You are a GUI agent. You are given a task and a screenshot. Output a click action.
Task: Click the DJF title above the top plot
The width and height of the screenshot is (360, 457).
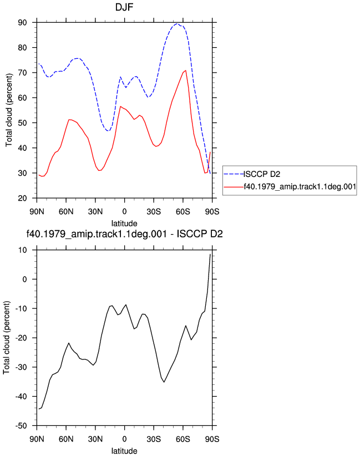(124, 7)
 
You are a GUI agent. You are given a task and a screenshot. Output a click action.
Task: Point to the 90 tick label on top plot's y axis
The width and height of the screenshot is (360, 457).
(22, 22)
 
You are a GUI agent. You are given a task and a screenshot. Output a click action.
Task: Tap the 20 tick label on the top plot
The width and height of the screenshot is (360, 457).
(22, 198)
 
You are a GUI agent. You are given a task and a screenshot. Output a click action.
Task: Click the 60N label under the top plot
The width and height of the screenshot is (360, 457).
(66, 212)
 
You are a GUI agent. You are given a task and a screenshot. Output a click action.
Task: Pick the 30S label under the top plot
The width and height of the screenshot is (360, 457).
(154, 212)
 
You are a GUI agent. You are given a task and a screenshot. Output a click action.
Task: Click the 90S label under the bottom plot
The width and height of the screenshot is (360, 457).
(212, 439)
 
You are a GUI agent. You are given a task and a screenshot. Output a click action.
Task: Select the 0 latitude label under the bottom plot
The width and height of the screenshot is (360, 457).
(124, 439)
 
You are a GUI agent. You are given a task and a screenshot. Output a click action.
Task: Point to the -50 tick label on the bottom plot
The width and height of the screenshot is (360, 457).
(21, 426)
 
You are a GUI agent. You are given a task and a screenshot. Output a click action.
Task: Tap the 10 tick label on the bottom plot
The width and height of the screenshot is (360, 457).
(22, 250)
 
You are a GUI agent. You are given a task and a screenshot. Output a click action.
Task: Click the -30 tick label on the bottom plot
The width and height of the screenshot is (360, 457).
(21, 367)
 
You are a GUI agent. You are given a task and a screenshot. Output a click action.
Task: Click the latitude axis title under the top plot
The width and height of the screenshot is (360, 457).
(124, 224)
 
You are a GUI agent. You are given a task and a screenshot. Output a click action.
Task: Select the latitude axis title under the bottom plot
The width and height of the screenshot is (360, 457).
(124, 451)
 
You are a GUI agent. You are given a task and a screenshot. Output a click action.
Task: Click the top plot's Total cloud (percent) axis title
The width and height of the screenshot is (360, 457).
(9, 110)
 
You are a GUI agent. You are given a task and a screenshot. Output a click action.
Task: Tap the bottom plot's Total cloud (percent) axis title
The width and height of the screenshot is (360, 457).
(7, 338)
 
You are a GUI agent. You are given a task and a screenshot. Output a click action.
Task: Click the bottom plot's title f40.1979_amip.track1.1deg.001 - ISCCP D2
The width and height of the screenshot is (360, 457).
(124, 233)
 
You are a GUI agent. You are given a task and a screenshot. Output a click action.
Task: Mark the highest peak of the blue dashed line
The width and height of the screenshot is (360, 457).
(177, 24)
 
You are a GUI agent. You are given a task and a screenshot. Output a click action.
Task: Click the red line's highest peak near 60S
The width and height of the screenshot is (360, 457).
(185, 70)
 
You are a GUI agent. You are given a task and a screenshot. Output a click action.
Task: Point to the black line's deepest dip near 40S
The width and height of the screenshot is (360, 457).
(164, 382)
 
